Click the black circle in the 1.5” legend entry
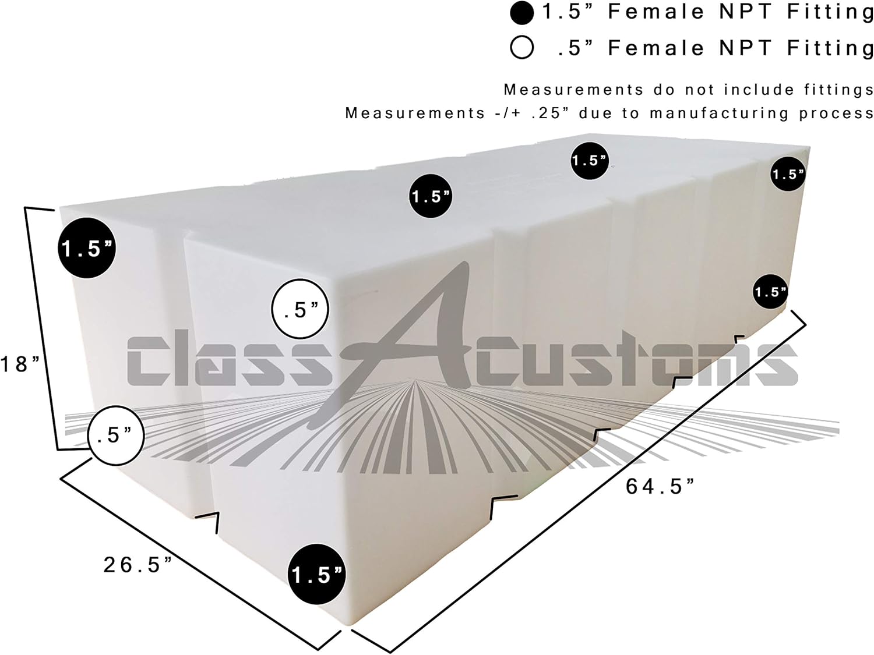521,13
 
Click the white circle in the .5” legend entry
521,48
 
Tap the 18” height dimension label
20,364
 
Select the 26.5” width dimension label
138,565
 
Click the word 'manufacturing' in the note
719,114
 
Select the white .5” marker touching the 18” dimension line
115,436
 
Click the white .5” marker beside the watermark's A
300,309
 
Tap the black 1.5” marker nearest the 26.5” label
316,575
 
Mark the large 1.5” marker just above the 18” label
87,248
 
